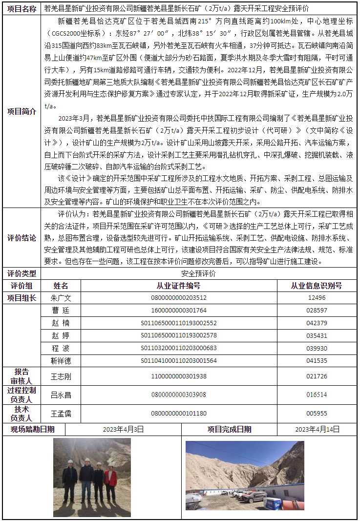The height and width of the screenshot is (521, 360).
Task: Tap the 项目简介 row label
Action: [21, 111]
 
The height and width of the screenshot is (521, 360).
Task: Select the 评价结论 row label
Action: [21, 238]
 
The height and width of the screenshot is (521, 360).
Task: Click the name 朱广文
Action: [61, 298]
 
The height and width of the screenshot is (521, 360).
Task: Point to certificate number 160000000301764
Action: [179, 311]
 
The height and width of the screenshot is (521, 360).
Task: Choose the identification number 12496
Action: [317, 298]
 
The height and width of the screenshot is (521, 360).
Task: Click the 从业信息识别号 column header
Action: [317, 286]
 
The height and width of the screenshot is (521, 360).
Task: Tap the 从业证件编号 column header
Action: [179, 286]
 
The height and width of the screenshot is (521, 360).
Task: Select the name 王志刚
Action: [61, 376]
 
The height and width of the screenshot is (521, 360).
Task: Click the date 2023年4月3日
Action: [124, 430]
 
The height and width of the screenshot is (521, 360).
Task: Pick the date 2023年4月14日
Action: [317, 430]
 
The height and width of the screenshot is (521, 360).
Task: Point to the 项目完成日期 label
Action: [229, 430]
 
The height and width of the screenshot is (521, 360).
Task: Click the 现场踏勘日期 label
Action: [33, 430]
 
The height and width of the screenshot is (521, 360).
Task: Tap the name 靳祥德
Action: [61, 361]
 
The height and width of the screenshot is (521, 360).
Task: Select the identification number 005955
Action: [317, 414]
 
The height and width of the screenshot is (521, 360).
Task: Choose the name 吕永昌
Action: [61, 395]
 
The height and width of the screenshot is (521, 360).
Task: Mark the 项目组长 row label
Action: [21, 298]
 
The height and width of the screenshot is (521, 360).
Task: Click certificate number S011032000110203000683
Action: [179, 348]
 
